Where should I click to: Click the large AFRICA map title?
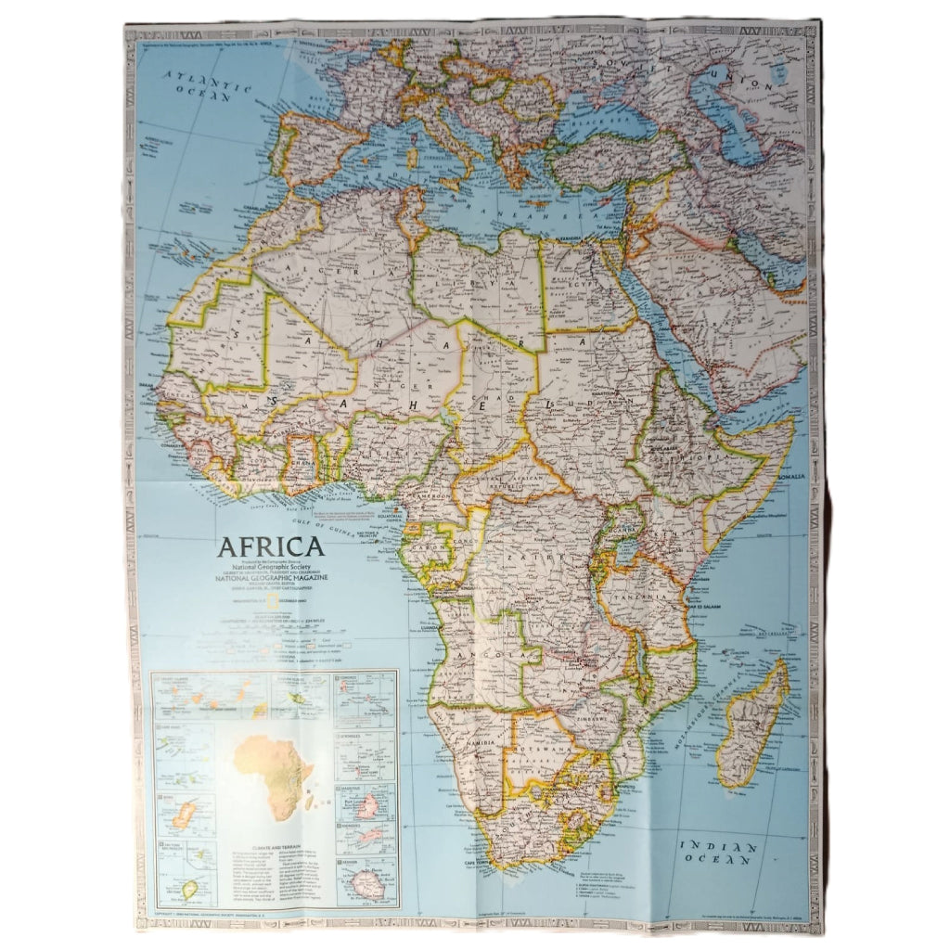coord(271,546)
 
